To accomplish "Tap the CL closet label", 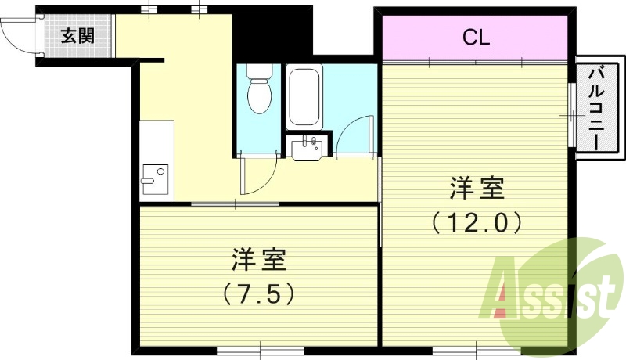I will (475, 37).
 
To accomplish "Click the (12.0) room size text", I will (477, 224).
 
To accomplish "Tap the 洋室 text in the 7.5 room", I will (258, 258).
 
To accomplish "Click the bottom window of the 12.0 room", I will (466, 349).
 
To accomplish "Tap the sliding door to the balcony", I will (570, 114).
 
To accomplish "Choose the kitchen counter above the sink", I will (156, 141).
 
